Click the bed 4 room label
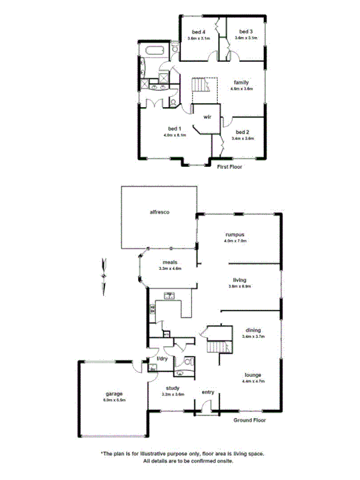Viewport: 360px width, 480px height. (199, 32)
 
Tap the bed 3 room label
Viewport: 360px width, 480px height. (245, 32)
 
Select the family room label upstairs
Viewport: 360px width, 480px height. (240, 83)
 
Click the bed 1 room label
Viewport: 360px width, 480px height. (175, 129)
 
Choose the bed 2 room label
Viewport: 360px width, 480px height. (243, 132)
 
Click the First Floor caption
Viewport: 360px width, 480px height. (230, 167)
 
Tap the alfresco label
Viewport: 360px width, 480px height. (160, 213)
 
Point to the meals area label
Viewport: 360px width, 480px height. (170, 262)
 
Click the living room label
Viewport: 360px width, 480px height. (239, 280)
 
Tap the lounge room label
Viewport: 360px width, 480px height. (253, 374)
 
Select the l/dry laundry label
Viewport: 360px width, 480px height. (162, 359)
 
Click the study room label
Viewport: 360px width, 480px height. (172, 389)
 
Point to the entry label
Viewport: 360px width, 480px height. (207, 392)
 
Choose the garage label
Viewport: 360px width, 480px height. (113, 393)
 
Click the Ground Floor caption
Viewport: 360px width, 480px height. (249, 420)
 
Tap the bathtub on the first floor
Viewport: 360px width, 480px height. (155, 51)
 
